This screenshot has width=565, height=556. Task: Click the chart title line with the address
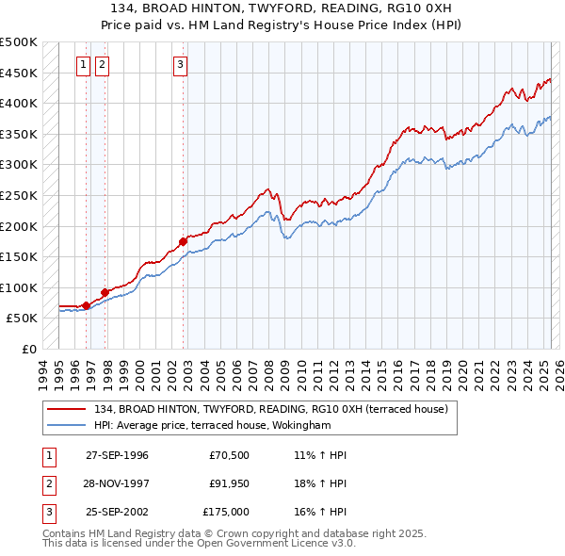point(282,8)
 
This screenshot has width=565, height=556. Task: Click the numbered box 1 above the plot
point(84,65)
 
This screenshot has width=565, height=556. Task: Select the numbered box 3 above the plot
point(180,65)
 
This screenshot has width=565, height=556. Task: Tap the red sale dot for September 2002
point(184,241)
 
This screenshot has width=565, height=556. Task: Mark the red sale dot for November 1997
point(105,292)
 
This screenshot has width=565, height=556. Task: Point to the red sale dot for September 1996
point(86,305)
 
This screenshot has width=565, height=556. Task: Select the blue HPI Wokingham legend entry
point(225,425)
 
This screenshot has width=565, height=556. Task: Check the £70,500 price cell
point(230,455)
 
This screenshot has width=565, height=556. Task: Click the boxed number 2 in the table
point(47,483)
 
